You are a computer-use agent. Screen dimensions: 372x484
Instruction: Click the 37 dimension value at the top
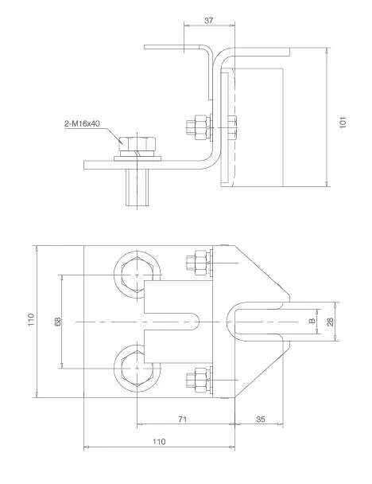pos(208,21)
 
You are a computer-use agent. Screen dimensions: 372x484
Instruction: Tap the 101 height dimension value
pos(343,123)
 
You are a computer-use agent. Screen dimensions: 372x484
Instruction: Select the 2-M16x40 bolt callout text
pos(82,123)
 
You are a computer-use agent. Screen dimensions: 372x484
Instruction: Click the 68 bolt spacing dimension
pos(58,322)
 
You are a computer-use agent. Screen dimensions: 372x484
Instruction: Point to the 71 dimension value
pos(183,419)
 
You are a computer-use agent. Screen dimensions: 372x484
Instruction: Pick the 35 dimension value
pos(261,420)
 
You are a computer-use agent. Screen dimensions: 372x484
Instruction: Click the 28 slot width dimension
pos(331,322)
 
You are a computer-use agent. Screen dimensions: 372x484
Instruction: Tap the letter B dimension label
pos(312,321)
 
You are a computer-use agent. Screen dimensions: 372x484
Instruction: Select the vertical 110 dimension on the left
pos(31,320)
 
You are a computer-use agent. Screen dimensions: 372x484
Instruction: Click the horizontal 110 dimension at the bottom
pos(159,441)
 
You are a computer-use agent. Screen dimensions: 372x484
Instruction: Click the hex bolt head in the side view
pos(138,143)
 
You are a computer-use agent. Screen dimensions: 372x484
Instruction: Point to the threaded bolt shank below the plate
pos(138,187)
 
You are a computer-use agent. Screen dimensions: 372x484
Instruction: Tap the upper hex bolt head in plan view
pos(138,274)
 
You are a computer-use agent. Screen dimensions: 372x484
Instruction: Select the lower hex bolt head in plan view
pos(138,369)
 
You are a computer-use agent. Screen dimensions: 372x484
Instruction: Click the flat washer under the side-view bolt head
pos(138,158)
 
